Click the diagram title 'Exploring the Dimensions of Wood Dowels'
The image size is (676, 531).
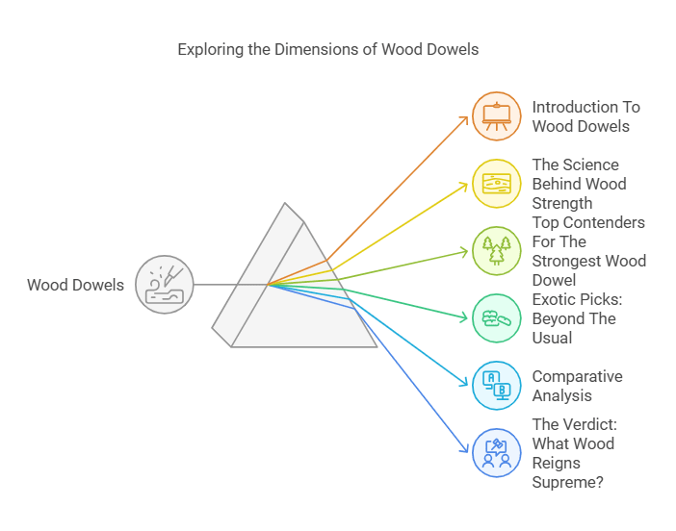[x=327, y=49]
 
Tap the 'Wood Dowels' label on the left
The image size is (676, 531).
[x=75, y=285]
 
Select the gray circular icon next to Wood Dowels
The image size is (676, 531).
[x=165, y=285]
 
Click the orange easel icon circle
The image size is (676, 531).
[x=497, y=116]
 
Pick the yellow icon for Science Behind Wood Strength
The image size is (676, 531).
[x=497, y=184]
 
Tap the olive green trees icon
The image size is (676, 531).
[x=497, y=251]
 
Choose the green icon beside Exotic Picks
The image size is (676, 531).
[x=497, y=318]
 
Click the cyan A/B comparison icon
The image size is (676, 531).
[x=497, y=386]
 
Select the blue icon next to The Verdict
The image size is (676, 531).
[x=497, y=453]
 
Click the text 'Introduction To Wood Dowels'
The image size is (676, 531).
[x=585, y=116]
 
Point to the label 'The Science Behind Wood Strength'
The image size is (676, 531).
[x=579, y=184]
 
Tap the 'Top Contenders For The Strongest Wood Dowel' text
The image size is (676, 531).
[x=588, y=251]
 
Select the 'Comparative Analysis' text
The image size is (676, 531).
[x=577, y=386]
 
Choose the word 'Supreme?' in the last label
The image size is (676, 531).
[x=568, y=482]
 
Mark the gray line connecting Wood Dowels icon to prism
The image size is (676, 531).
[x=229, y=285]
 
